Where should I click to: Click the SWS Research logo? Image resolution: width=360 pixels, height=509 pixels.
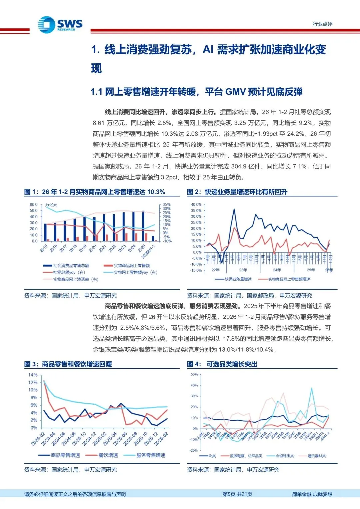(x=60, y=25)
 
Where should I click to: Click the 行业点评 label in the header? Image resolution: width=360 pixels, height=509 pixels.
(x=322, y=24)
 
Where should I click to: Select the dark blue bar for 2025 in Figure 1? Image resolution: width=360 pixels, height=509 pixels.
(x=143, y=226)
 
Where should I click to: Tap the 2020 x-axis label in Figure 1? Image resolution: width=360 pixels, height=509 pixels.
(x=92, y=248)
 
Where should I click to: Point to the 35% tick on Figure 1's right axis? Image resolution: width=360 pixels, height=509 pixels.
(x=167, y=204)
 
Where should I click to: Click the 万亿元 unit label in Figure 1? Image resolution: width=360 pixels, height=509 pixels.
(x=51, y=205)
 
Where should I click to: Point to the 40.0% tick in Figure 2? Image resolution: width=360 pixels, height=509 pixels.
(x=196, y=204)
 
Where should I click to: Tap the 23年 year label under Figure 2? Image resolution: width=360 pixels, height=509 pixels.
(x=243, y=270)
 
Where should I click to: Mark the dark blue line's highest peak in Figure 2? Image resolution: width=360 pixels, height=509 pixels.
(x=234, y=209)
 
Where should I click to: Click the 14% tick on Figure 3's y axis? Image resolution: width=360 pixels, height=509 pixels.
(x=33, y=375)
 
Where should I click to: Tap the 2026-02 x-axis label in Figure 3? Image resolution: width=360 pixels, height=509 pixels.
(x=161, y=439)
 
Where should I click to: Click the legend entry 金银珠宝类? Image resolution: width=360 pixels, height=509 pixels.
(x=285, y=456)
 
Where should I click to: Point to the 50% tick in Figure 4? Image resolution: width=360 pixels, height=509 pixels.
(x=194, y=374)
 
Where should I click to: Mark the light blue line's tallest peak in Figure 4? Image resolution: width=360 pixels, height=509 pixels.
(x=312, y=388)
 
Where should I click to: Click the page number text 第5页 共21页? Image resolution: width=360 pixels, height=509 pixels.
(x=237, y=494)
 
